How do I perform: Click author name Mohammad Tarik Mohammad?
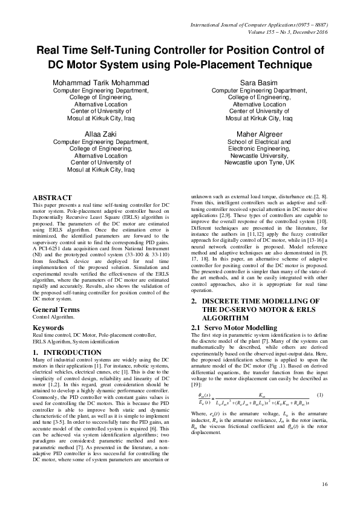101,82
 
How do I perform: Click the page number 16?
325,484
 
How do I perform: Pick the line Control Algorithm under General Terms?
54,317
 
